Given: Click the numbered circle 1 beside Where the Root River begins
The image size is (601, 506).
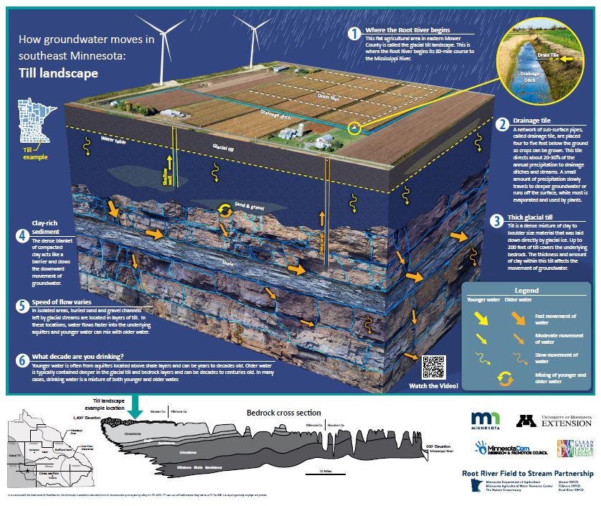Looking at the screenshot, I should pyautogui.click(x=354, y=34).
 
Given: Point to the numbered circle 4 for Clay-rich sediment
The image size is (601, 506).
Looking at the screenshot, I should pyautogui.click(x=22, y=235).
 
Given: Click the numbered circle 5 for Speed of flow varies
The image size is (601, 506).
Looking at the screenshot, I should pyautogui.click(x=22, y=305).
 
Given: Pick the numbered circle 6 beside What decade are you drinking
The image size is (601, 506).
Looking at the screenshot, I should pyautogui.click(x=22, y=358).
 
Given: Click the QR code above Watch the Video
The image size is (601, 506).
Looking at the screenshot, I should pyautogui.click(x=435, y=367).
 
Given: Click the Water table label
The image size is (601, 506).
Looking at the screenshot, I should pyautogui.click(x=113, y=140).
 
